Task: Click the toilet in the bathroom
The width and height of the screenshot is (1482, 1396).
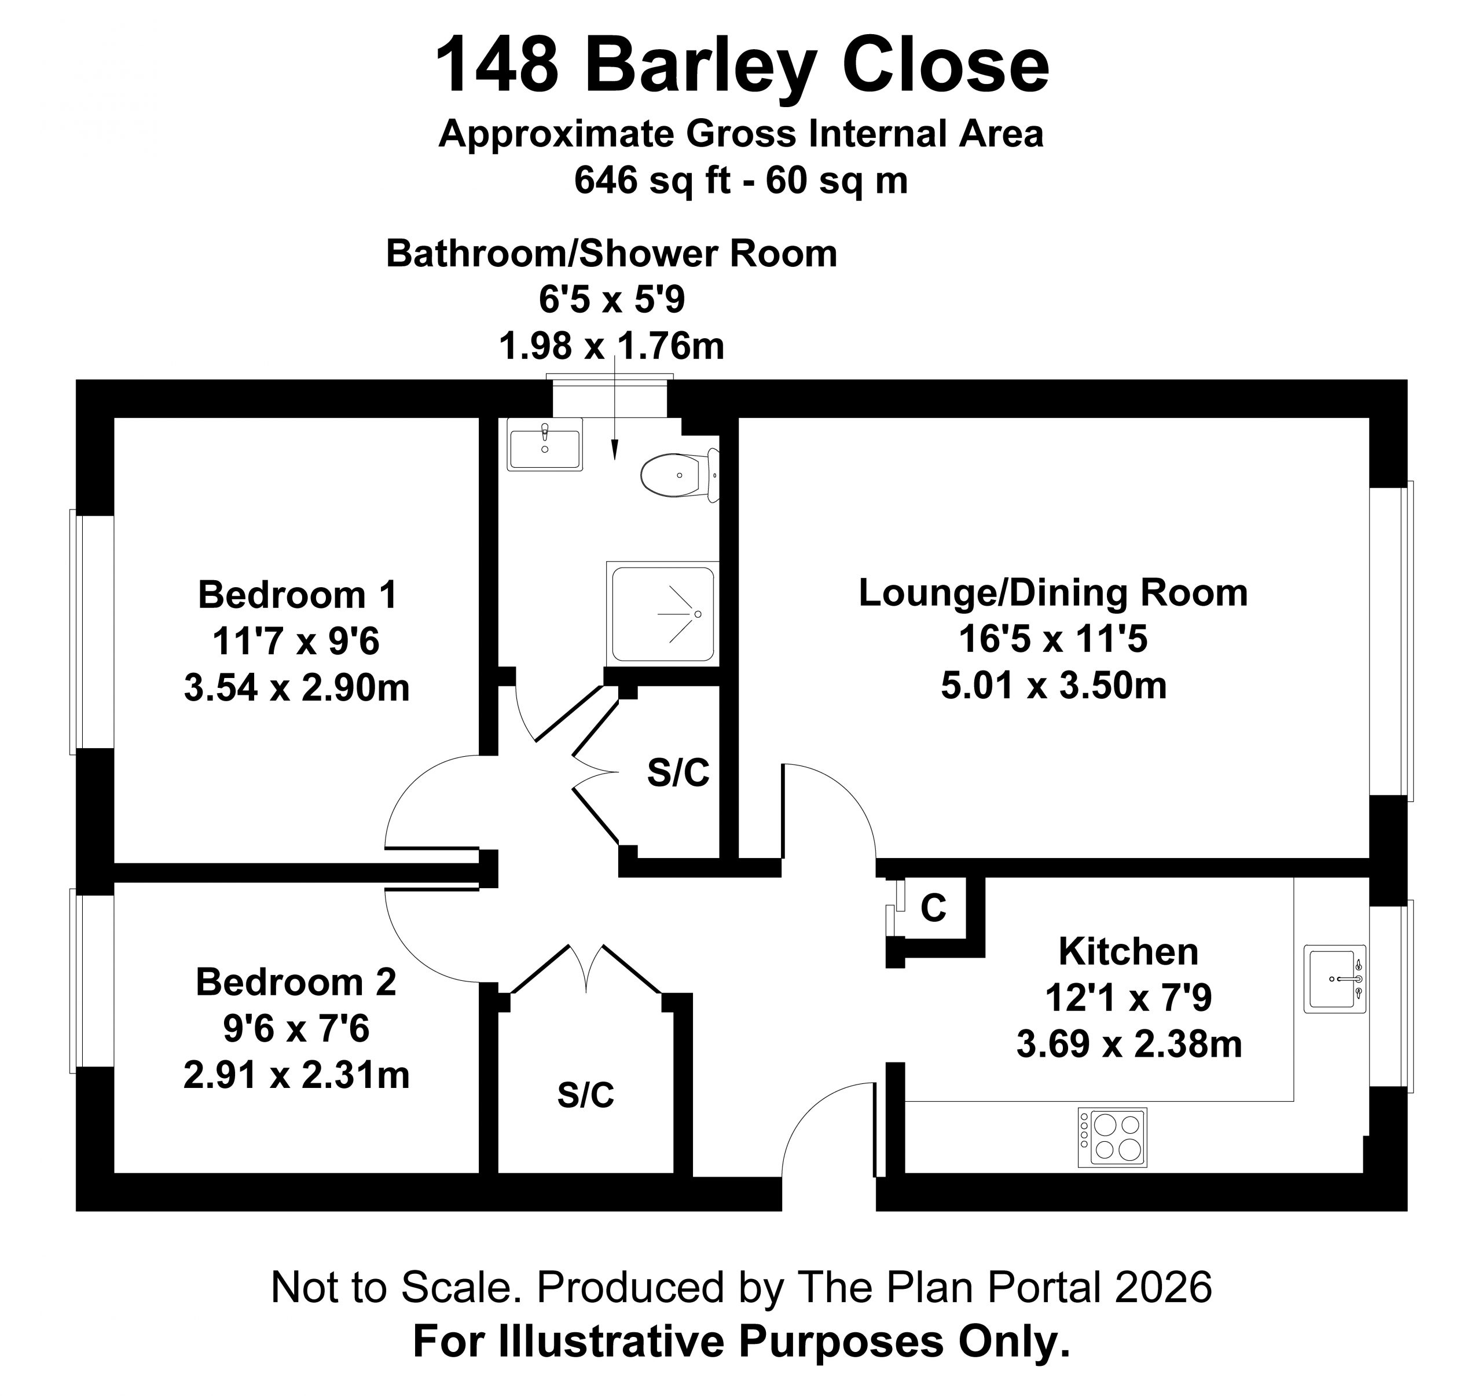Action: tap(680, 475)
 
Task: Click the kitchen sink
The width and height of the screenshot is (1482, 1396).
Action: tap(1334, 979)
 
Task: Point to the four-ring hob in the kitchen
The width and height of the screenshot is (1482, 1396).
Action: tap(1112, 1137)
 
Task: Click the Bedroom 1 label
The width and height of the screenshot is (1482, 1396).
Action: tap(298, 595)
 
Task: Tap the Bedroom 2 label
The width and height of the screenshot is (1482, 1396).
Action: tap(296, 982)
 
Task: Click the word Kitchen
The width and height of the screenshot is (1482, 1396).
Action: tap(1129, 951)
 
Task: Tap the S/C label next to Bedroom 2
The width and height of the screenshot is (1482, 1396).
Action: tap(586, 1095)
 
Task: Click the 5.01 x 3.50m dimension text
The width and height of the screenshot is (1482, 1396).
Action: tap(1054, 686)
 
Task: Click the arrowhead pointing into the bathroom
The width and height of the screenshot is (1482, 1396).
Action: tap(615, 450)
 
